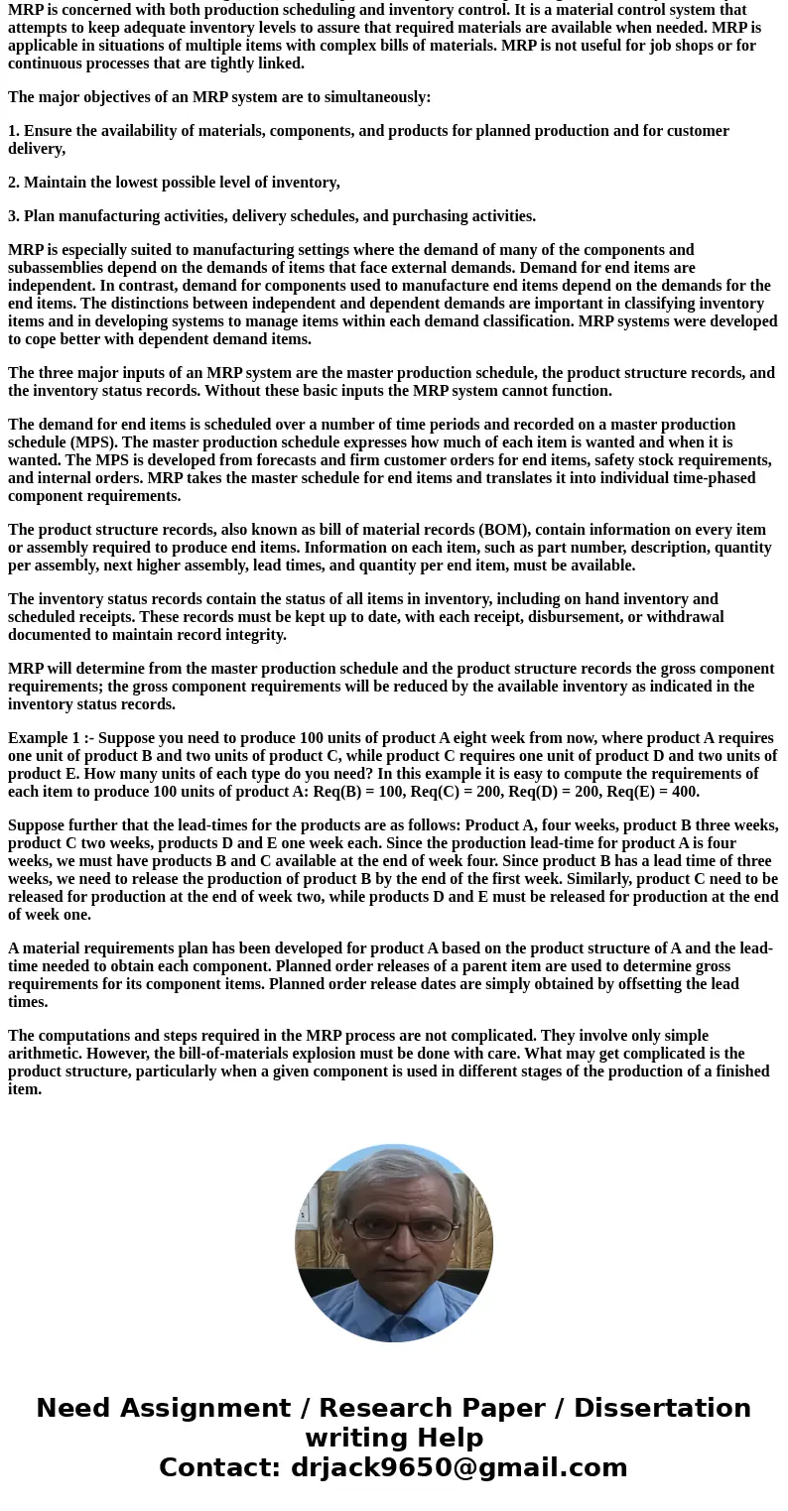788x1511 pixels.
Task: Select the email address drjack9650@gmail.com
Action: tap(459, 1467)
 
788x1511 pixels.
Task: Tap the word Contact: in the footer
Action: tap(219, 1467)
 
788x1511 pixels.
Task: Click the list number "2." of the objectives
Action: tap(14, 183)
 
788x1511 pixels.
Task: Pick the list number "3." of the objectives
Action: tap(14, 216)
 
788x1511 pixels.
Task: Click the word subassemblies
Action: tap(59, 268)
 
